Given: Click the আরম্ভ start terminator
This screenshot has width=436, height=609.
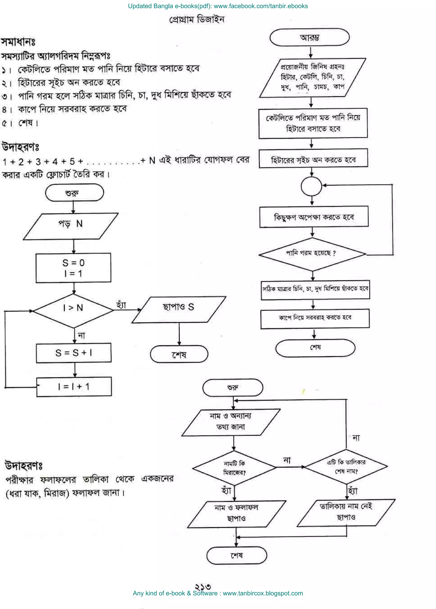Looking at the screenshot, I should (x=309, y=38).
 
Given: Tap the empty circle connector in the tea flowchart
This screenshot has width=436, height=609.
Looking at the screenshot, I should (x=311, y=186).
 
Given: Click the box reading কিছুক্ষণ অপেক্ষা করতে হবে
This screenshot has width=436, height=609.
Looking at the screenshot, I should (x=314, y=217).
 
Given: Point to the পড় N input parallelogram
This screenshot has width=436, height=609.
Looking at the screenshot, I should (x=71, y=226).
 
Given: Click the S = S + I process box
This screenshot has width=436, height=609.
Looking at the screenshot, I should (x=74, y=352).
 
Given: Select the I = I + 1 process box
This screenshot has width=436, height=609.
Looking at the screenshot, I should (x=74, y=387).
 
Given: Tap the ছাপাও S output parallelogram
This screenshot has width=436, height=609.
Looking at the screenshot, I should (x=179, y=309).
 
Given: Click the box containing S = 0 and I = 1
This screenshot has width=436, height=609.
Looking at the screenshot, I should (x=73, y=268).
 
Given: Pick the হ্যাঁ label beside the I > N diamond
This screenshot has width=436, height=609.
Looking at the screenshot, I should (x=121, y=305).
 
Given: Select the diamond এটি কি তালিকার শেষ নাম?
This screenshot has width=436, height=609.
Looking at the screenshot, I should (x=346, y=466).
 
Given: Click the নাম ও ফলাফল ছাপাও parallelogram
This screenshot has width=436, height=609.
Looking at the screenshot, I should (x=236, y=514).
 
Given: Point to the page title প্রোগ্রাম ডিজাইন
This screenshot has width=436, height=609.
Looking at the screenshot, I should (x=197, y=20).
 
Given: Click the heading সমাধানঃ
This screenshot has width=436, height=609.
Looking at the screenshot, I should (x=18, y=42).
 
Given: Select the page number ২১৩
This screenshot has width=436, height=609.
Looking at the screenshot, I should (x=203, y=586).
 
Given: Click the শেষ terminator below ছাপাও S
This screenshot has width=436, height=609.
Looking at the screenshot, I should (x=179, y=354).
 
